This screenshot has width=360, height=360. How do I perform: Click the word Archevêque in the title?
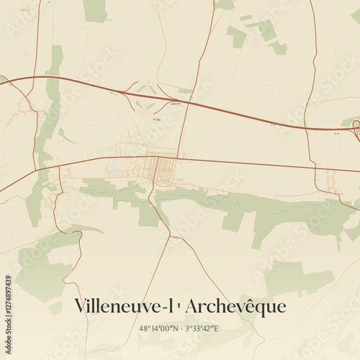pyautogui.click(x=236, y=307)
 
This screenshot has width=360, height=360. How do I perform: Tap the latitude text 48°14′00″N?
pyautogui.click(x=158, y=329)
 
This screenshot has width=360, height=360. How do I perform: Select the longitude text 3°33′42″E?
pyautogui.click(x=201, y=329)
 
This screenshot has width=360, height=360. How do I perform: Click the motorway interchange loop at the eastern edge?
pyautogui.click(x=356, y=129)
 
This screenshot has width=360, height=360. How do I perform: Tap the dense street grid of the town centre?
pyautogui.click(x=164, y=168)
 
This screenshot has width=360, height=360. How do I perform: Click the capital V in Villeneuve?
pyautogui.click(x=81, y=307)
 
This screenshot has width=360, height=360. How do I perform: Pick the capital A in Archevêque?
pyautogui.click(x=193, y=307)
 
